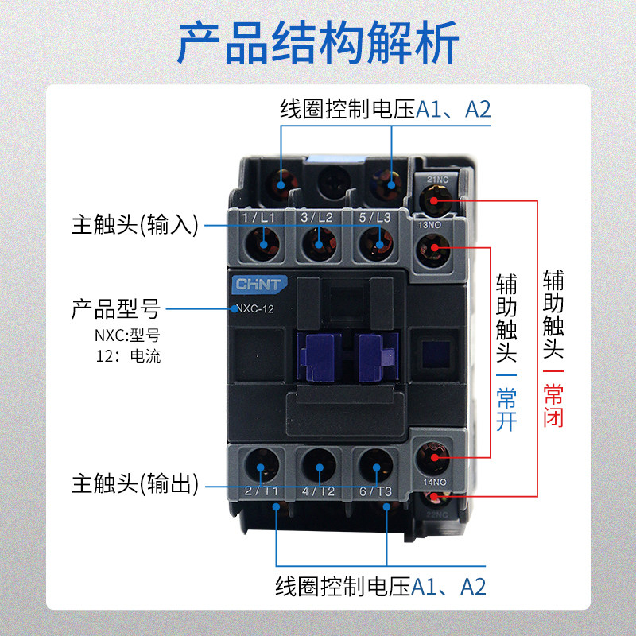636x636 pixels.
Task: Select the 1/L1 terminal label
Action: point(258,217)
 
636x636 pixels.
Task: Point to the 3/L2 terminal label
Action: point(316,217)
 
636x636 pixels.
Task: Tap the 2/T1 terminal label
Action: point(261,491)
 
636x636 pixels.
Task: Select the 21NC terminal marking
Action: point(438,180)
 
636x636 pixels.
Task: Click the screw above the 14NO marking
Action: point(433,456)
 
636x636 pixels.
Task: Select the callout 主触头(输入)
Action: point(134,224)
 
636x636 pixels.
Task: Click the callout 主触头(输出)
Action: point(134,483)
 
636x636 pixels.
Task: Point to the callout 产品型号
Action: point(116,308)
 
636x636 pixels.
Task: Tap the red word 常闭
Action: point(553,405)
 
